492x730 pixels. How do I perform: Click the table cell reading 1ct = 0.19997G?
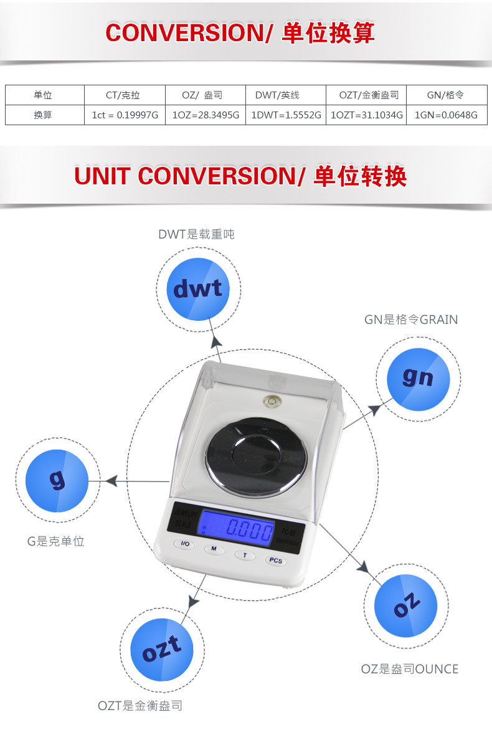coord(125,115)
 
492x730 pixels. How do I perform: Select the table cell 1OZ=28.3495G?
coord(205,115)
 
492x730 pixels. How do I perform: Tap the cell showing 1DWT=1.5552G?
coord(286,115)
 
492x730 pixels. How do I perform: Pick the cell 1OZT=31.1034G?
coord(366,115)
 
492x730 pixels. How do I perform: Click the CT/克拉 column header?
coord(125,95)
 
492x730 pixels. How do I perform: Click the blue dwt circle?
coord(197,288)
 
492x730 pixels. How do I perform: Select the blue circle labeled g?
coord(57,480)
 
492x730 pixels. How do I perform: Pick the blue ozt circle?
coord(162,650)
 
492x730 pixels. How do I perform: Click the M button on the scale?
coord(214,549)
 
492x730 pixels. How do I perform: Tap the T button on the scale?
coord(245,554)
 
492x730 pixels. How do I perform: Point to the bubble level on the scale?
coord(272,401)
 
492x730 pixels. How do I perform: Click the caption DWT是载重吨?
coord(196,234)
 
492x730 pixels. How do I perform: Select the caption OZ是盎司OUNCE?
coord(410,669)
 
